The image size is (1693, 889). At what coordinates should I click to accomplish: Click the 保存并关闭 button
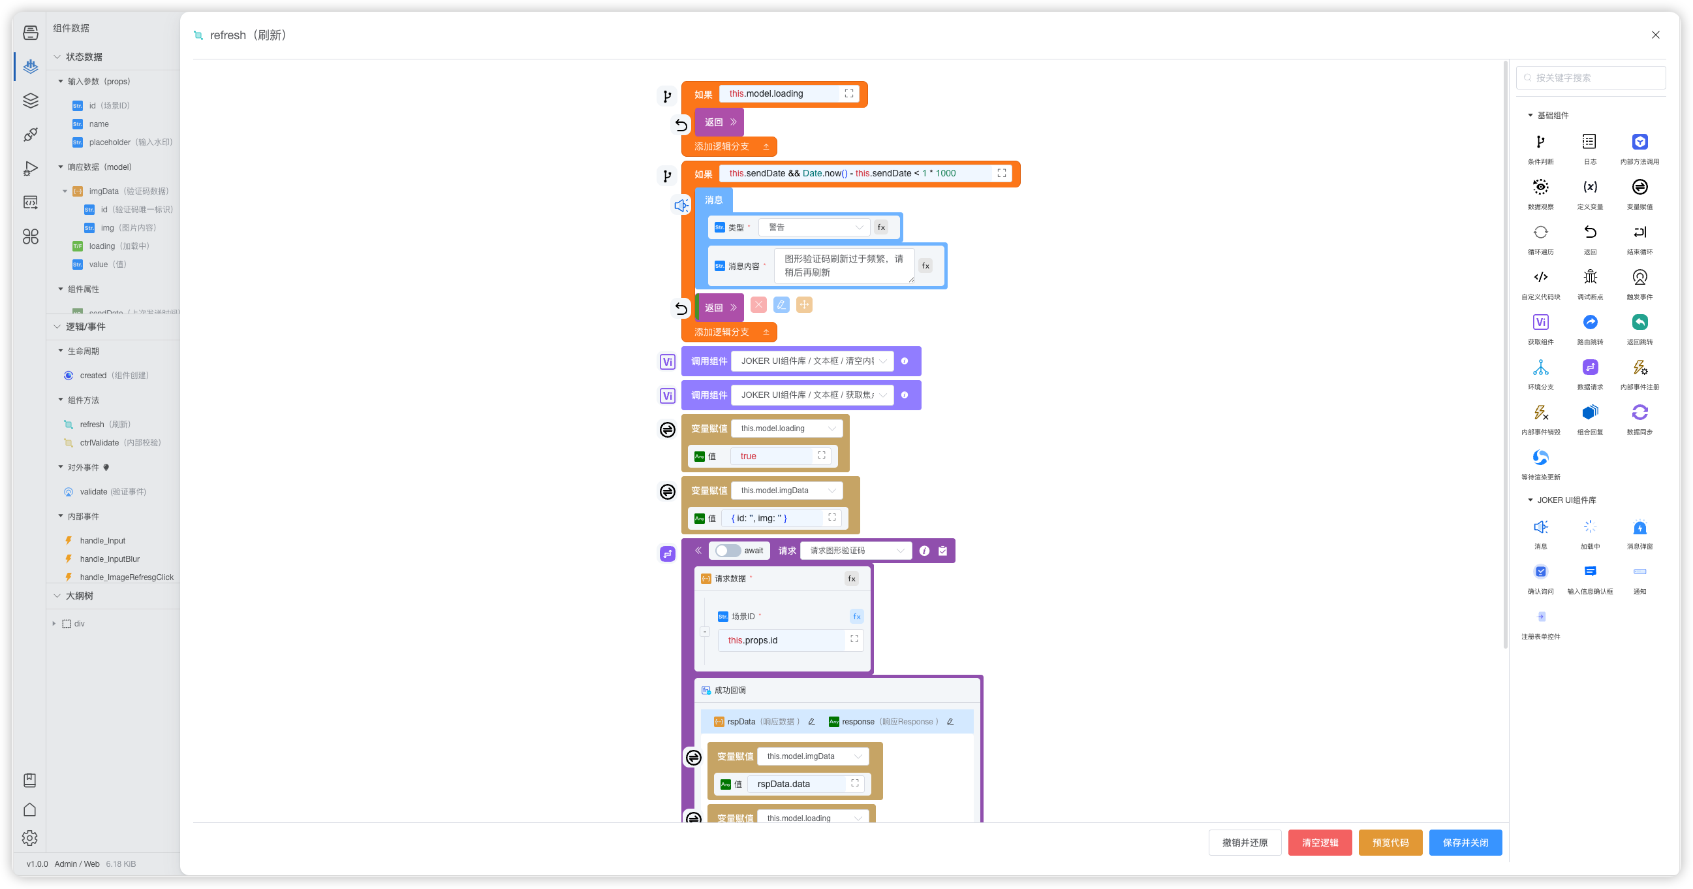tap(1465, 843)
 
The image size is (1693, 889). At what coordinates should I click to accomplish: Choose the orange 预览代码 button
tap(1390, 843)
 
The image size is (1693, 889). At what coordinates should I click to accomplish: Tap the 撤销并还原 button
tap(1244, 843)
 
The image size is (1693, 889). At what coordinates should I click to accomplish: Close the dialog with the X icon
tap(1655, 35)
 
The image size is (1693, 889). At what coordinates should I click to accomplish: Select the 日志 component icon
tap(1589, 142)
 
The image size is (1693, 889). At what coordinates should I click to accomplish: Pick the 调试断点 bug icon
tap(1589, 277)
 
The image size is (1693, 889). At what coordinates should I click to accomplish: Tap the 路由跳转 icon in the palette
tap(1589, 322)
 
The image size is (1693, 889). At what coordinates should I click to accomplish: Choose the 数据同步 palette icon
tap(1639, 412)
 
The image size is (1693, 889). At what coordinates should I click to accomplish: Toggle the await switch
tap(728, 551)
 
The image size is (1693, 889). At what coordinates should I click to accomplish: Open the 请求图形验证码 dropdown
tap(856, 551)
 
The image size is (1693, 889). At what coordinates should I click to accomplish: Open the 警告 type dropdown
tap(814, 227)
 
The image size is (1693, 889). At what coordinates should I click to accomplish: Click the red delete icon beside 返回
tap(758, 304)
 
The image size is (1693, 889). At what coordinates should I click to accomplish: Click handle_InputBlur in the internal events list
tap(110, 559)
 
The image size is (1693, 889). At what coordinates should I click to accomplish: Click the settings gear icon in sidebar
tap(29, 837)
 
